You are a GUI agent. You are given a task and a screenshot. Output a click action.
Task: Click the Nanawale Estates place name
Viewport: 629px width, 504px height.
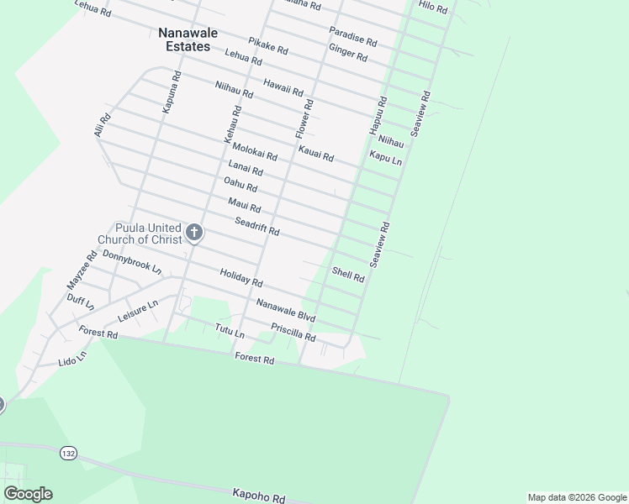tap(184, 39)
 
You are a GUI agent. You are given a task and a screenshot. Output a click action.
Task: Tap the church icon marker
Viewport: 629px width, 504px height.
tap(194, 232)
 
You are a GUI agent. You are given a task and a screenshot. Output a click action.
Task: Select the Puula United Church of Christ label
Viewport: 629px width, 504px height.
tap(140, 234)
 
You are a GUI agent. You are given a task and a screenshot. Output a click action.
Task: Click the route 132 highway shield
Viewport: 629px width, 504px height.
tap(68, 453)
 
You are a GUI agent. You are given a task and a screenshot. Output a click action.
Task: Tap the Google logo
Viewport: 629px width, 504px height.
tap(28, 494)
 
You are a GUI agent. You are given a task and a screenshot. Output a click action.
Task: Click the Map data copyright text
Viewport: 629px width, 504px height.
tap(576, 497)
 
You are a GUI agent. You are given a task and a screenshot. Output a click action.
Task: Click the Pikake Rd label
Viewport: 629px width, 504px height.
tap(268, 45)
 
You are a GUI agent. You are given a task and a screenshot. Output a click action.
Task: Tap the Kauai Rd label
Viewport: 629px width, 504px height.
tap(316, 153)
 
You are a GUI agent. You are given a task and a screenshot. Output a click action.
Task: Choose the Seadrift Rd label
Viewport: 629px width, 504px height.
tap(256, 225)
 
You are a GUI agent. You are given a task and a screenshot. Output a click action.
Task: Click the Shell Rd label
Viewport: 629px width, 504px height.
tap(348, 273)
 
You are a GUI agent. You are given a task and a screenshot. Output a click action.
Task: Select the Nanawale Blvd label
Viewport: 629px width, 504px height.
tap(286, 311)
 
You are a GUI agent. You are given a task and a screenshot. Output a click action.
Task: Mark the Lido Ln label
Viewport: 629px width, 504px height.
tap(72, 360)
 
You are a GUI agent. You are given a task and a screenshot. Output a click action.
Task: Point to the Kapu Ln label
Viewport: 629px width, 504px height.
tap(386, 156)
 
